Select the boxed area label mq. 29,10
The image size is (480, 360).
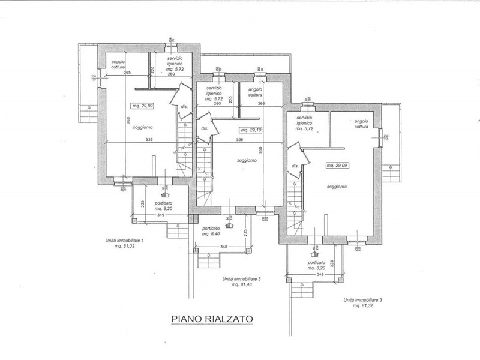coord(251,130)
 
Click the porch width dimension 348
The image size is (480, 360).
coord(207,247)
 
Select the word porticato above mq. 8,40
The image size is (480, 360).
coord(211,229)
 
